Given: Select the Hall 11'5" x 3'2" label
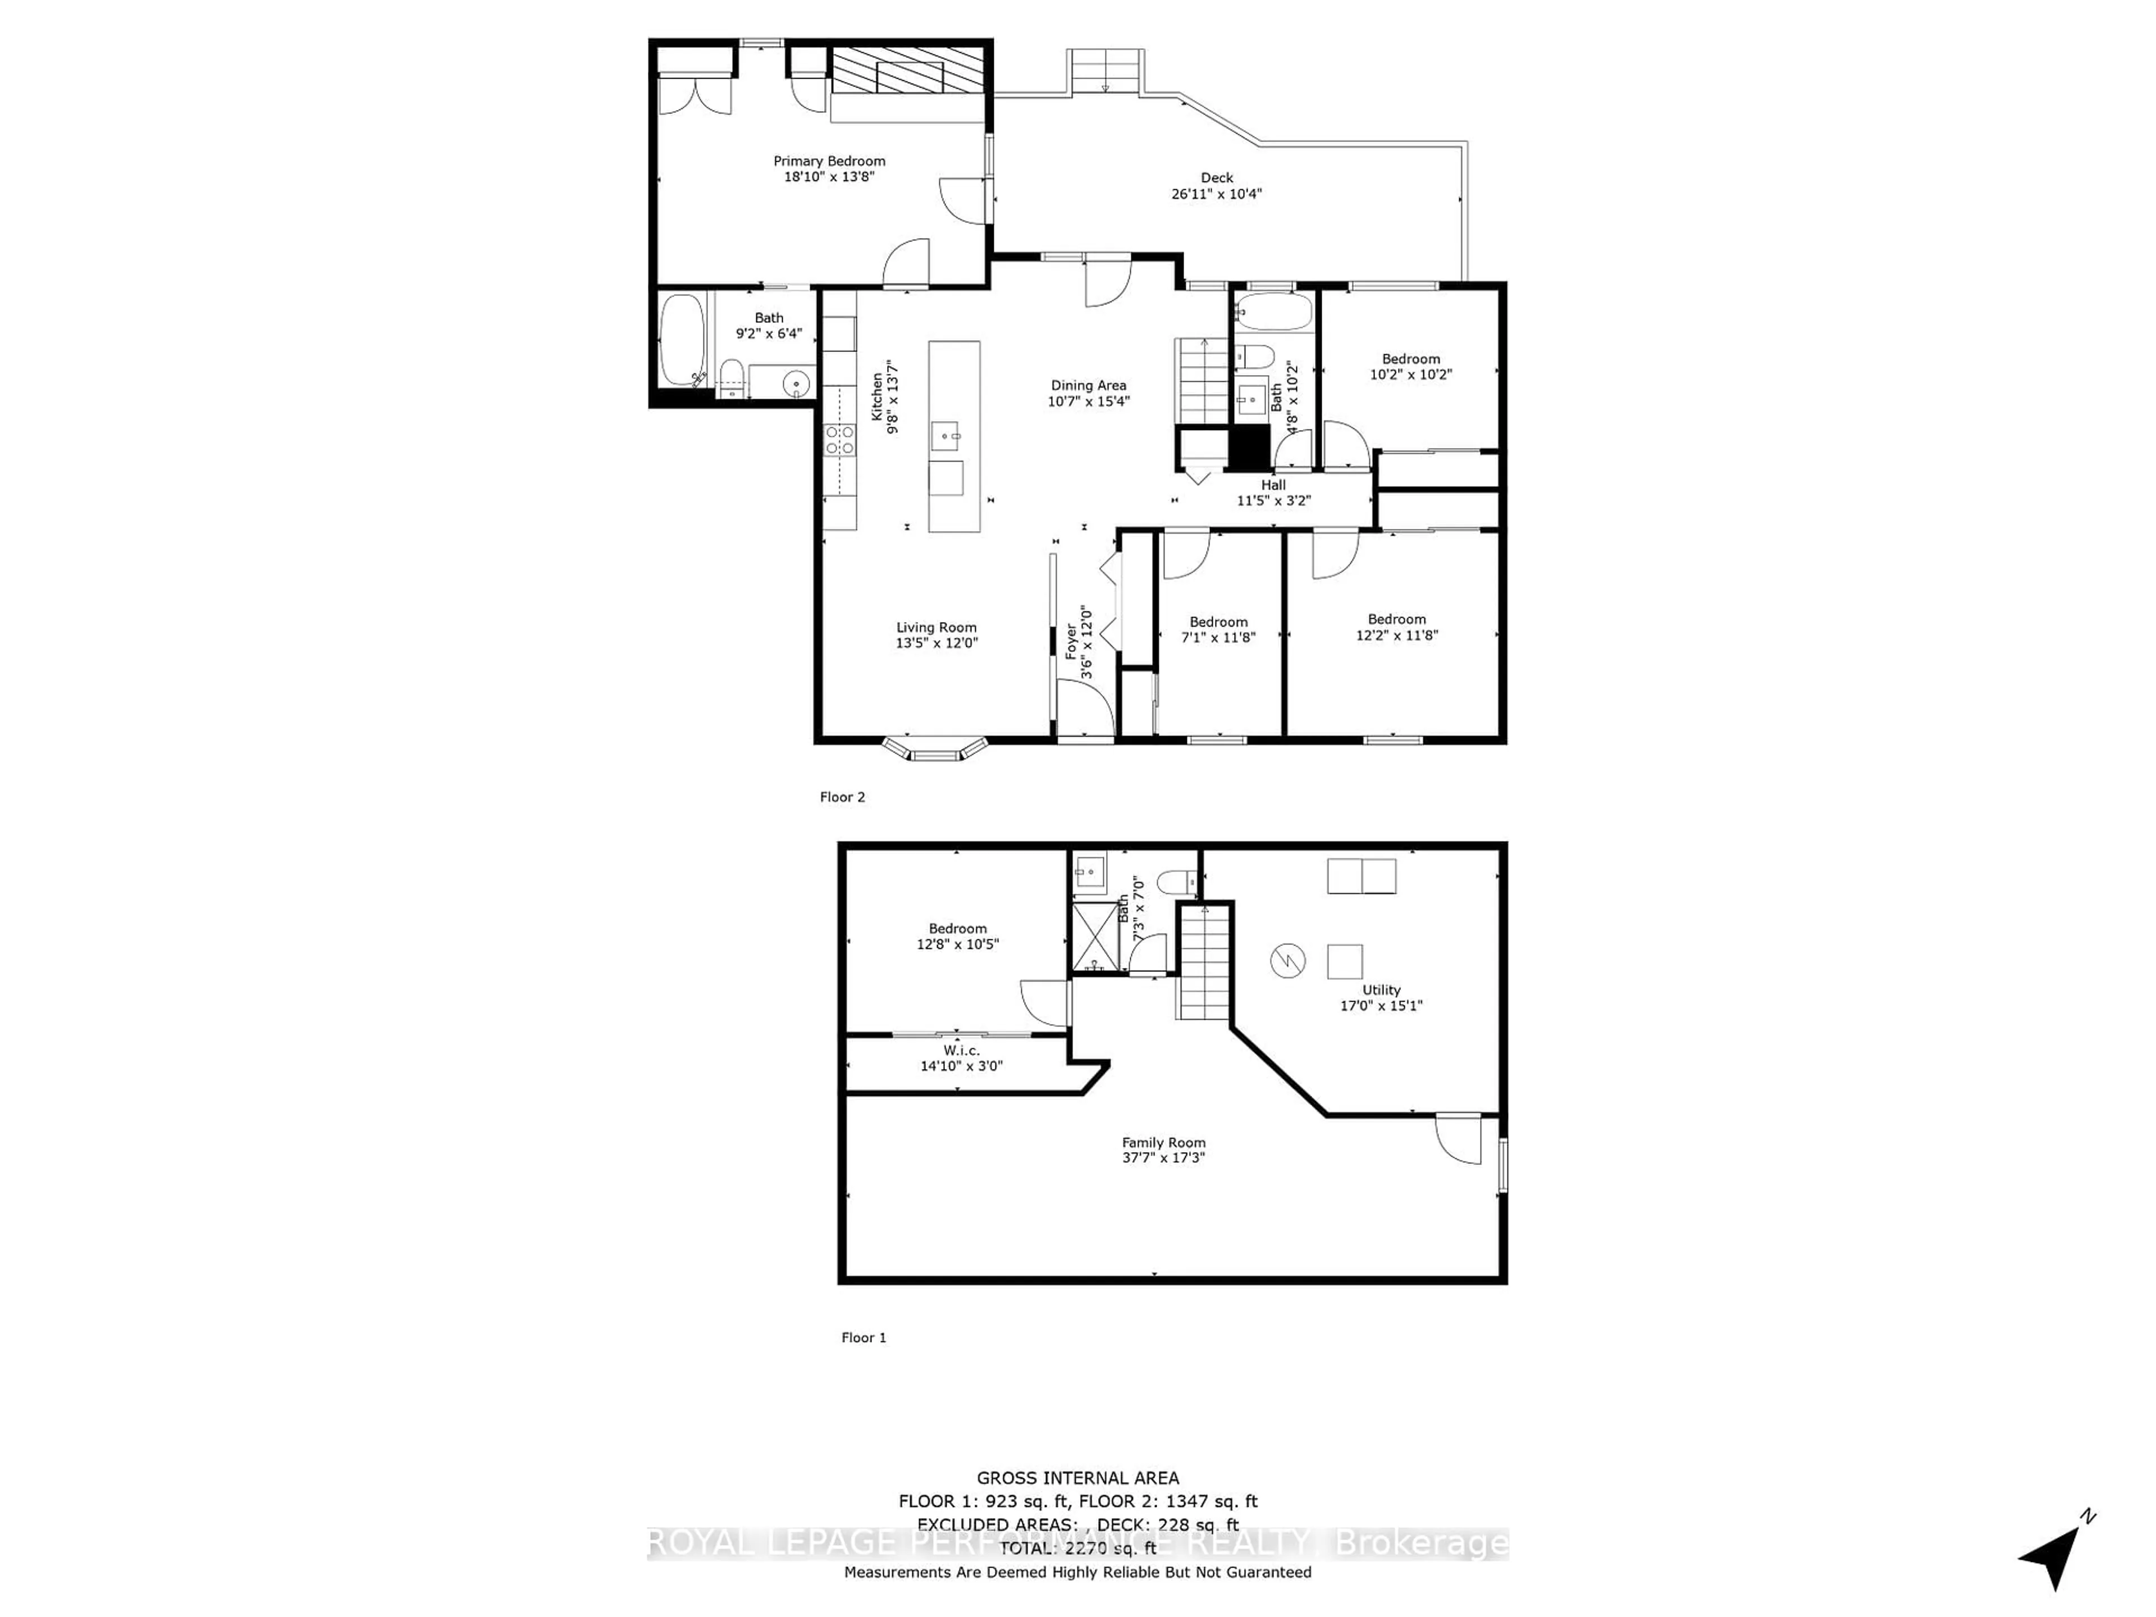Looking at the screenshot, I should pyautogui.click(x=1273, y=492).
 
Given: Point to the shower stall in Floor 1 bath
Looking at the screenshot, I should pyautogui.click(x=1097, y=937).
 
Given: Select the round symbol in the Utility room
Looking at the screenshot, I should pyautogui.click(x=1287, y=962).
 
